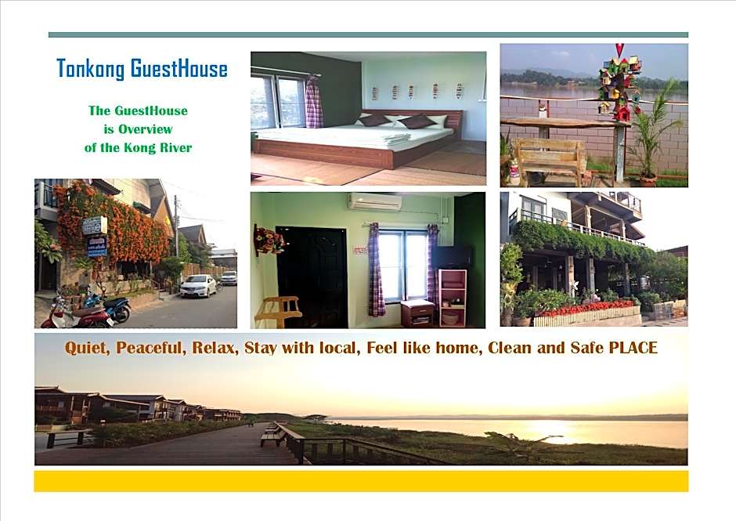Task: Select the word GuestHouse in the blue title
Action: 179,70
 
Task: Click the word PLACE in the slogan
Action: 633,348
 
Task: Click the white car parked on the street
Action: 198,286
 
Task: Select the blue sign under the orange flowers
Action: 97,247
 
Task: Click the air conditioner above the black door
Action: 374,202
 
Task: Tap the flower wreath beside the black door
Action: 269,240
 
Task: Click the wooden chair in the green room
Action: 278,310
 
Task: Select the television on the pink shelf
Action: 452,258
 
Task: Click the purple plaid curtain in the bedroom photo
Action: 314,102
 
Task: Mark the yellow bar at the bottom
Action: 361,481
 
